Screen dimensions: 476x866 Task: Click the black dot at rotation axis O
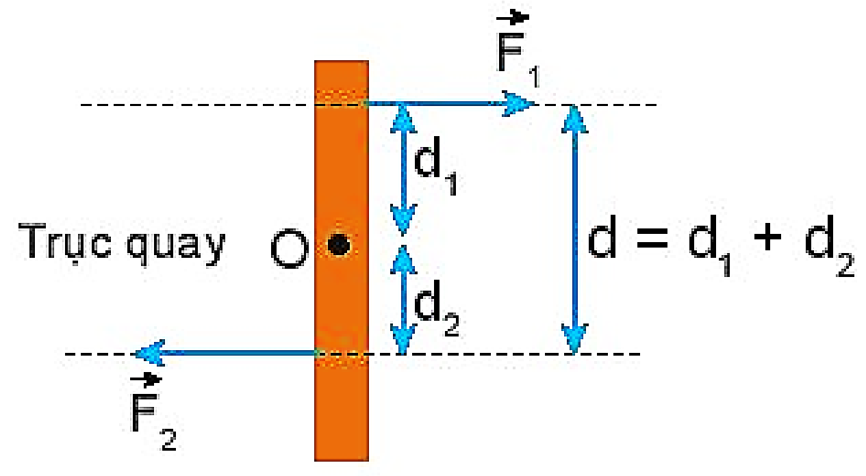pyautogui.click(x=337, y=245)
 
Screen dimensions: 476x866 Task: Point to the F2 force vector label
pyautogui.click(x=151, y=411)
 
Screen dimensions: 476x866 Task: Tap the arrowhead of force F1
pyautogui.click(x=518, y=104)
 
